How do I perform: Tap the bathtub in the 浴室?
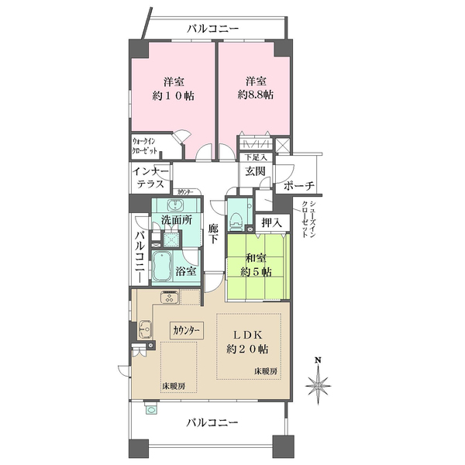(163, 268)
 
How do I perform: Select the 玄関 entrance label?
(256, 172)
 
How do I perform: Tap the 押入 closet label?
(271, 223)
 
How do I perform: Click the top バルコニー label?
(212, 29)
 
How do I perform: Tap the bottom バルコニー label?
(212, 423)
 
